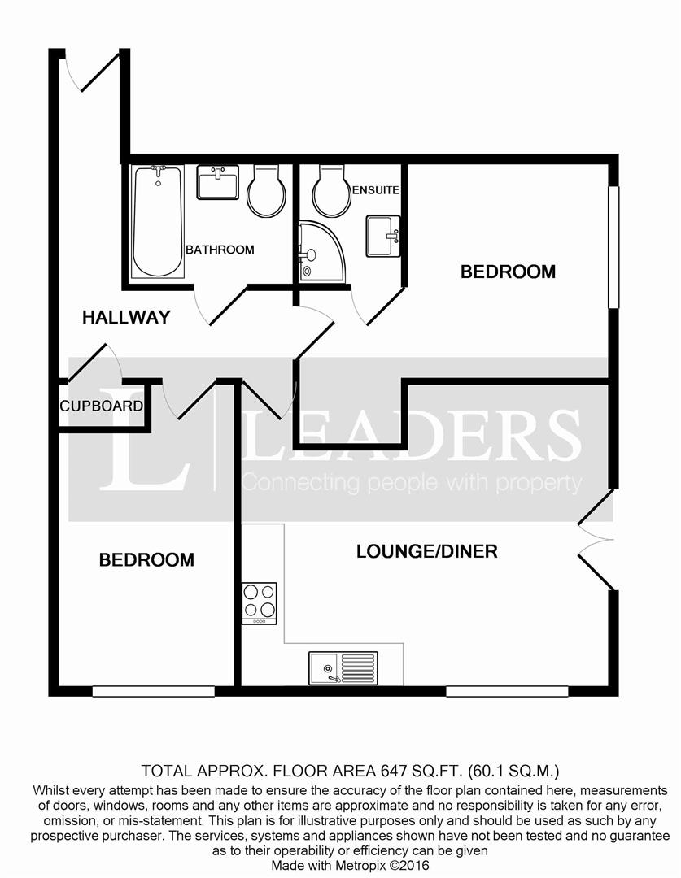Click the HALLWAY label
[126, 317]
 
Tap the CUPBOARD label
[102, 406]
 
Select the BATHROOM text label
[220, 250]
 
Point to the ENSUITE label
[376, 190]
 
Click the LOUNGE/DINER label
[427, 552]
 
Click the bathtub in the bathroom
[158, 219]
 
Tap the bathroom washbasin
[217, 182]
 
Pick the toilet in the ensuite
[330, 190]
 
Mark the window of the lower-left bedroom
[153, 691]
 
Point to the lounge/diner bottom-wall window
[506, 691]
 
